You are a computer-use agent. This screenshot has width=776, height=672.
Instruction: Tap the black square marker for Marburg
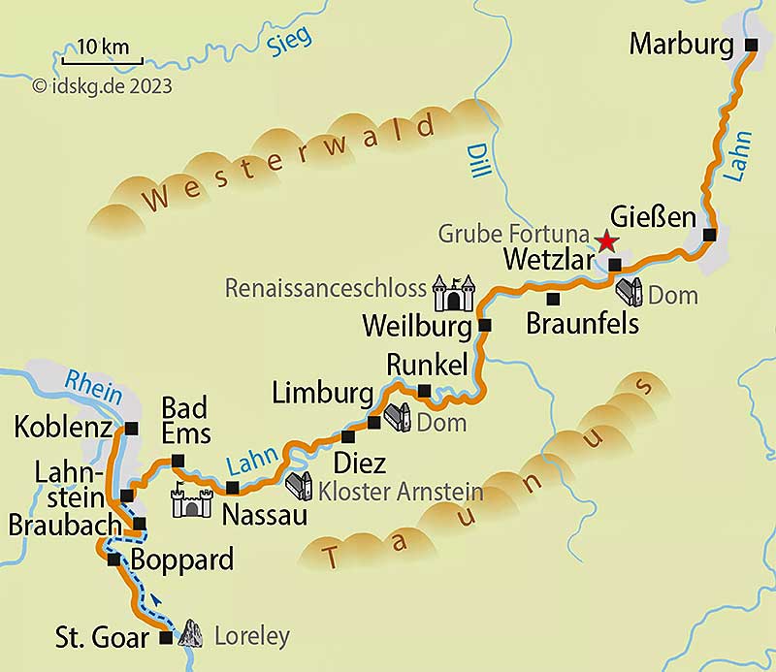(751, 45)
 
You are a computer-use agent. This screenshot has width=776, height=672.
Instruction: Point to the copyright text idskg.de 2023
(102, 86)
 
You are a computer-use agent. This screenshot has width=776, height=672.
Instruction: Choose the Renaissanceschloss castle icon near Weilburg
(454, 293)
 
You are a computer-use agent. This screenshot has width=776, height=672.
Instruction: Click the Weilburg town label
(418, 326)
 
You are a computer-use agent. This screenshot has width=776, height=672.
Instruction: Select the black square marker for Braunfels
(552, 298)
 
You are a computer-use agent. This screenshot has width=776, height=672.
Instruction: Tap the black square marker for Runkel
(424, 391)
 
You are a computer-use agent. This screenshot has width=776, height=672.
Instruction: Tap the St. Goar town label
(102, 638)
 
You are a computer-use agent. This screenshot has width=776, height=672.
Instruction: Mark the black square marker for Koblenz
(131, 428)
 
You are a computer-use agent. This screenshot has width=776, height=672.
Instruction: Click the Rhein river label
(94, 388)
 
